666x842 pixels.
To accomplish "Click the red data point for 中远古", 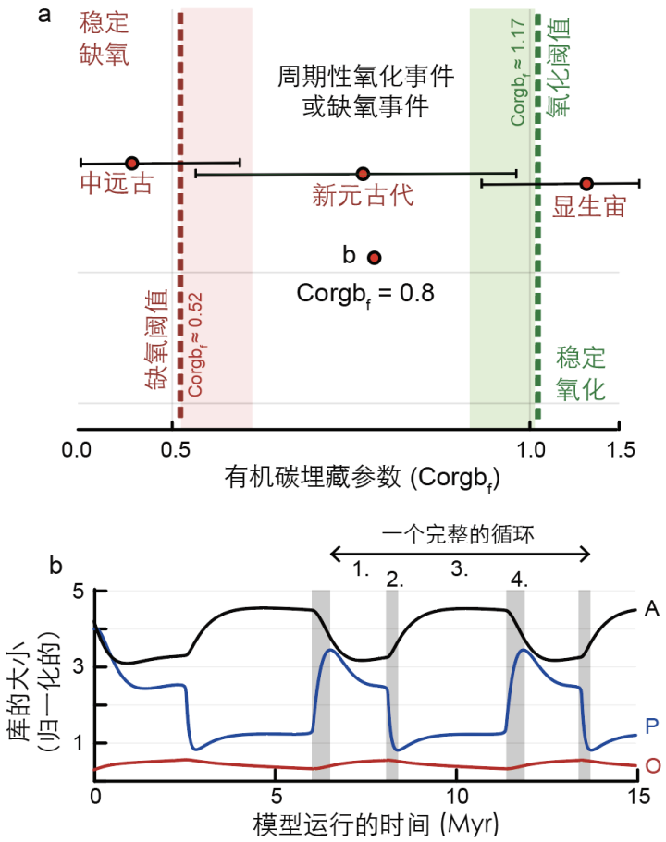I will [131, 163].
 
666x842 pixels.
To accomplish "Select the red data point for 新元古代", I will [363, 174].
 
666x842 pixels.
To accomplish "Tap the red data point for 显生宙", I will [586, 183].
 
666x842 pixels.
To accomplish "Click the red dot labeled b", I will [375, 257].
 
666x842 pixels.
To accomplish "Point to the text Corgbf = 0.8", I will [365, 292].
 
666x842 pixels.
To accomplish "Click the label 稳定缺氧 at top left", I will [104, 37].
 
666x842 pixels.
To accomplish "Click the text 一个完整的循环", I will [460, 534].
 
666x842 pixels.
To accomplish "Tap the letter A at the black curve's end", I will [651, 607].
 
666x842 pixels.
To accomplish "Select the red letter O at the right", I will [651, 765].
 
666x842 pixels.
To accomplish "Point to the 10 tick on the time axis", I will [456, 797].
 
